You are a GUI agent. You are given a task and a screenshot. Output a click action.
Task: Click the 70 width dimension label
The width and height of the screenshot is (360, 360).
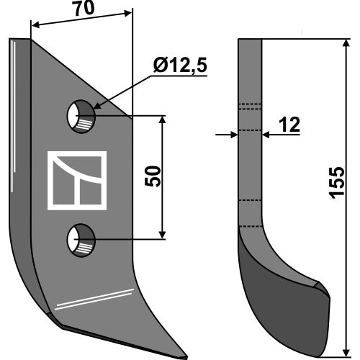[x=84, y=9]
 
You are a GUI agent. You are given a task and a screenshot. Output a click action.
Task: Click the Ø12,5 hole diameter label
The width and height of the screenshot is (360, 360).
[x=180, y=65]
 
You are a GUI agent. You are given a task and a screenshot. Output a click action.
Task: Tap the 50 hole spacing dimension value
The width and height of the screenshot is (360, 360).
[x=153, y=176]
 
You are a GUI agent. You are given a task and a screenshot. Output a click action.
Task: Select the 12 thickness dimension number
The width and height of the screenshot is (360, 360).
[x=290, y=125]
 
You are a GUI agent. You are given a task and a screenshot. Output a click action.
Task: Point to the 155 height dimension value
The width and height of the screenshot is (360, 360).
[x=337, y=183]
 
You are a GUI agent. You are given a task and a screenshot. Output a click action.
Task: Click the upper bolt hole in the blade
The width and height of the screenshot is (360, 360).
[x=81, y=117]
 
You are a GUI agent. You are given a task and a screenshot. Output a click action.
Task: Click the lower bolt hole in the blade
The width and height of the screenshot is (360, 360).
[x=81, y=240]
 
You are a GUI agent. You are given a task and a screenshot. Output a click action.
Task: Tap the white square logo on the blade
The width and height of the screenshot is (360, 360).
[x=77, y=181]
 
